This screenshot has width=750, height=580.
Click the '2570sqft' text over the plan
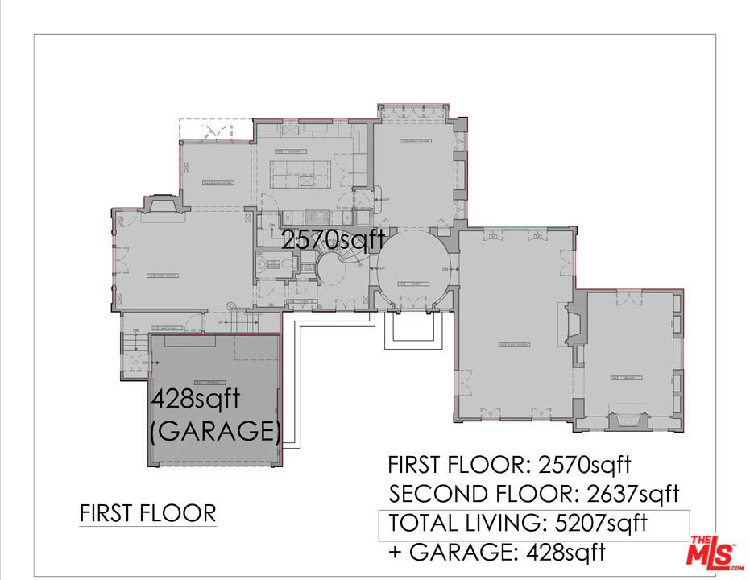coord(333,240)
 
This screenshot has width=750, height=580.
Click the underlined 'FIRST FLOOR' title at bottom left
coord(148,513)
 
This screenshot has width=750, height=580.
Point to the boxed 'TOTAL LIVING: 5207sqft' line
coord(518,523)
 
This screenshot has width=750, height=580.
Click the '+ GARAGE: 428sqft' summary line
coord(496,553)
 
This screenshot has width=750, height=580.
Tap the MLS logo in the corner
coord(713,552)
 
